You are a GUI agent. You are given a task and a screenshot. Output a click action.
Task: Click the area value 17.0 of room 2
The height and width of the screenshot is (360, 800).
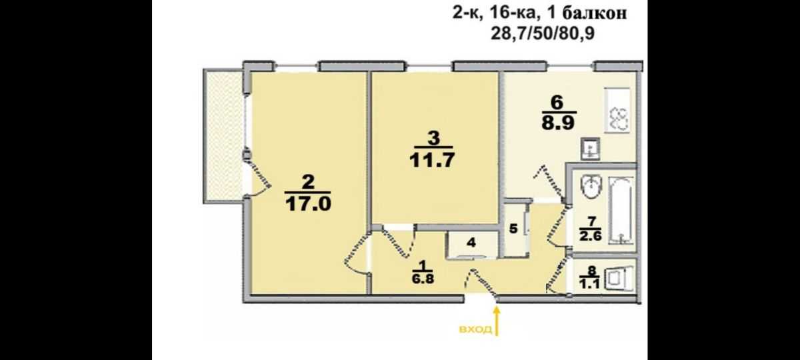coord(309,204)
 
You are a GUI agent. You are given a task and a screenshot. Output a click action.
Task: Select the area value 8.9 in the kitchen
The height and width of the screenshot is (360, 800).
coord(558,123)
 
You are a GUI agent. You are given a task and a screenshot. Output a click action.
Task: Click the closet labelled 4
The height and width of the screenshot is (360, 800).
coord(471,243)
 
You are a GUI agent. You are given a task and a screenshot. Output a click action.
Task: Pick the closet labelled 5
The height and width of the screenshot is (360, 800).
coord(513,229)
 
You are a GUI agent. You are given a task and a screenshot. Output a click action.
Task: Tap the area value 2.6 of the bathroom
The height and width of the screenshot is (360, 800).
coord(591,236)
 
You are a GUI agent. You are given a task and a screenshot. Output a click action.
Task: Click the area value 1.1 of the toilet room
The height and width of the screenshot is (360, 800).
coord(591,285)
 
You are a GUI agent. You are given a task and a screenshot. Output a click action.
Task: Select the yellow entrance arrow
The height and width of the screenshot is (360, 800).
coord(497,322)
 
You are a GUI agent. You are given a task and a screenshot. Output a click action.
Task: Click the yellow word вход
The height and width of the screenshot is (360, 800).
coord(475,329)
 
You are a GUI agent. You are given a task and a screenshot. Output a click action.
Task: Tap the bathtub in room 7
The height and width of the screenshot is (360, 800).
coord(622,211)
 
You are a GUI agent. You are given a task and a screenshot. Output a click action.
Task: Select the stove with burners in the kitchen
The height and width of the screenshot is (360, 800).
coord(617,111)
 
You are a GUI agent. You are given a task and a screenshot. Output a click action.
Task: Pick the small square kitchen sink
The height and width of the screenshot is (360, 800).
coord(590,149)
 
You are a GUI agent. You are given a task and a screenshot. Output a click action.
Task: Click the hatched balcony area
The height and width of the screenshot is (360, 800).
coord(224,136)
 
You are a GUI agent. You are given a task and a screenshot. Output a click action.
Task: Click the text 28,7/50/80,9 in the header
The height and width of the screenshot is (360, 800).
coord(543,33)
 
